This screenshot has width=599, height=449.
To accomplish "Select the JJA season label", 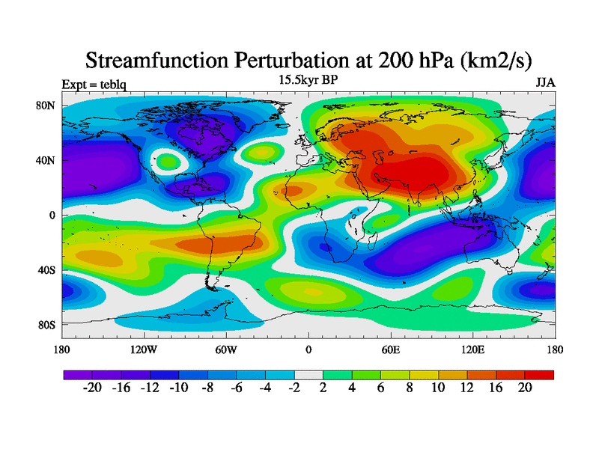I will [545, 83].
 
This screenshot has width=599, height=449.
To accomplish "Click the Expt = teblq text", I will [94, 84].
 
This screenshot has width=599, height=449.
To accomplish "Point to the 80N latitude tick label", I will [46, 106].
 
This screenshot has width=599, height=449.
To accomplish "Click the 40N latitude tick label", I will [46, 160].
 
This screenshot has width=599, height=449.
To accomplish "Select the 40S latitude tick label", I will [46, 270].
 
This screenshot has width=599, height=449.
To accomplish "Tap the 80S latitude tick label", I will [46, 325].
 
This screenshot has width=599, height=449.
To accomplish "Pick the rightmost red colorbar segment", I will [539, 373].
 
